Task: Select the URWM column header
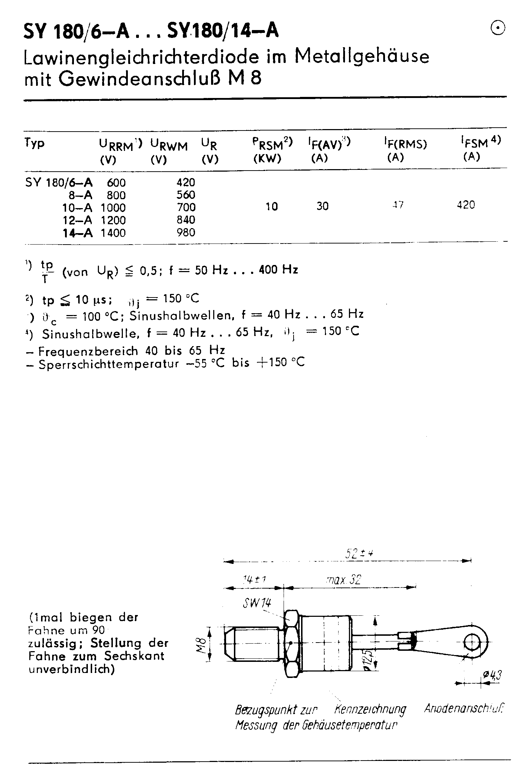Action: (169, 146)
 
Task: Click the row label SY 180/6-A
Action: (59, 183)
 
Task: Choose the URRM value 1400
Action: (113, 233)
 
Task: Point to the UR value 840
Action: (186, 220)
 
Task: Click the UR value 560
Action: (186, 195)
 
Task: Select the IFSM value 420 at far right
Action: (466, 205)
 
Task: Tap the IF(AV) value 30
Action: (322, 206)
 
